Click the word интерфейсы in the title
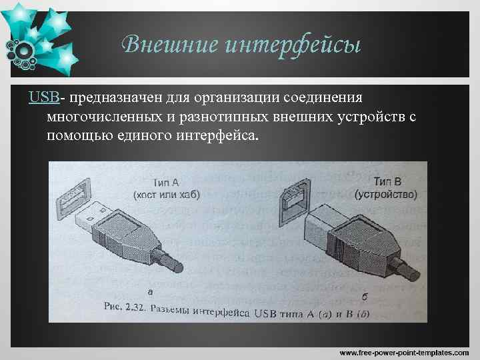coord(293,45)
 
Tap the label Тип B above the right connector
coord(387,181)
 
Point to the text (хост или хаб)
coord(166,194)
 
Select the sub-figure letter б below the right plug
coord(365,294)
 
